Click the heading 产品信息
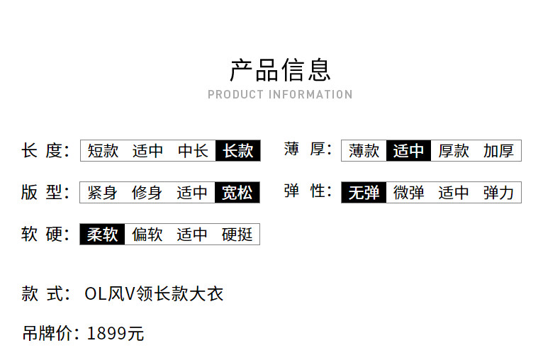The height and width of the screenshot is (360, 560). [280, 70]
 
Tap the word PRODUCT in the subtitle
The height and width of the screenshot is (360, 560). [236, 95]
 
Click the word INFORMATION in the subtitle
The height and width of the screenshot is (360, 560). [310, 95]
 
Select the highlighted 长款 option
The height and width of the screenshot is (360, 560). [238, 151]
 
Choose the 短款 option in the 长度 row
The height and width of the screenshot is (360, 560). [103, 151]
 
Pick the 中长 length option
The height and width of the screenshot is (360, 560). [193, 151]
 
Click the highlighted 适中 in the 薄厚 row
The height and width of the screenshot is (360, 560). [408, 151]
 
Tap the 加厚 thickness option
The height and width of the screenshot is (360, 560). [498, 151]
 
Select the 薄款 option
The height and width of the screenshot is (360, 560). [364, 151]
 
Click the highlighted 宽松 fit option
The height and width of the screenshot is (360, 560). [237, 193]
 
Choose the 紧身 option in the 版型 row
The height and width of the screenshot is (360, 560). [102, 193]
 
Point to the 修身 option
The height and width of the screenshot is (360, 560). [147, 193]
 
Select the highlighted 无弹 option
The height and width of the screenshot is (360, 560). [364, 193]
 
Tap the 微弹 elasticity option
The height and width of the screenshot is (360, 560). [408, 193]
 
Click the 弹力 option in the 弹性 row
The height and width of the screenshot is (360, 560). [498, 193]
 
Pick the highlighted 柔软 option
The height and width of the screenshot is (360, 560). [102, 235]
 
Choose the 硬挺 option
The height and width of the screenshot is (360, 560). [237, 235]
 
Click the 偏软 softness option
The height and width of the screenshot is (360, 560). [147, 235]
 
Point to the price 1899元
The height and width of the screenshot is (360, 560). [116, 334]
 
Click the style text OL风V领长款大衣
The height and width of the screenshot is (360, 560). [154, 294]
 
